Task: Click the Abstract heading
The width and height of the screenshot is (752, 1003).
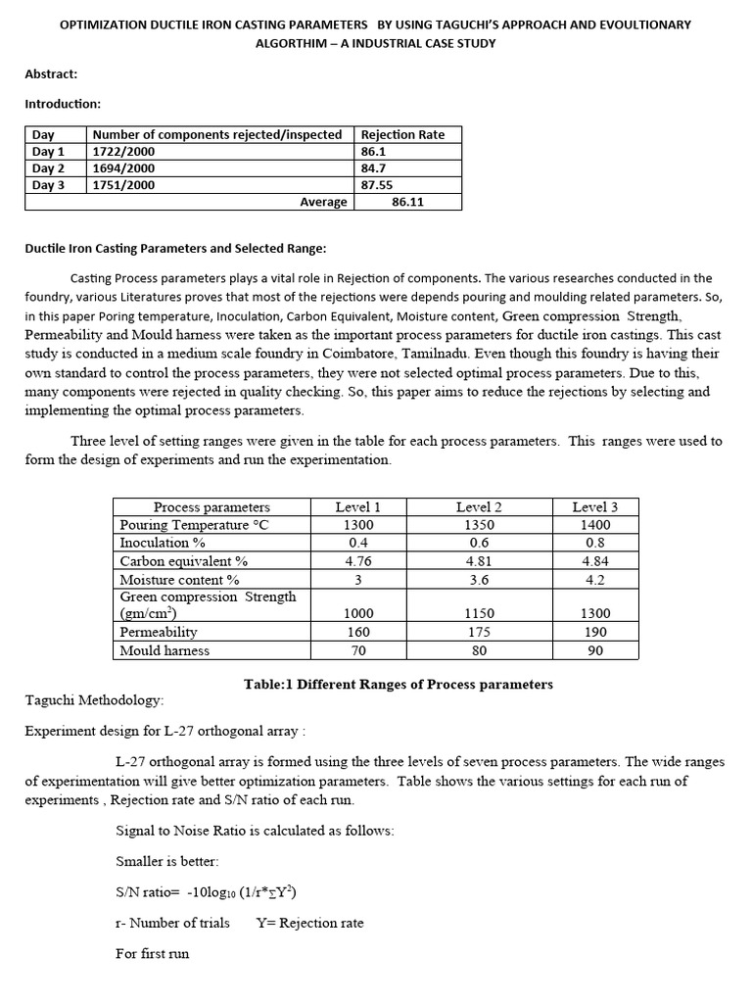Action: point(51,73)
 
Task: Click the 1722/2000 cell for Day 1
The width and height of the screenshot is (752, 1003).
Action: point(122,152)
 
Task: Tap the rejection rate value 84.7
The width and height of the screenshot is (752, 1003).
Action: point(376,168)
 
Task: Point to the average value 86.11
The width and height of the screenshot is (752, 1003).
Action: point(408,202)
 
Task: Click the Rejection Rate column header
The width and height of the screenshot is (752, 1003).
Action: point(402,135)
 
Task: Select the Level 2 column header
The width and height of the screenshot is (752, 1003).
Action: point(479,507)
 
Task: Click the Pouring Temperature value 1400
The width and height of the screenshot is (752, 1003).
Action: point(595,525)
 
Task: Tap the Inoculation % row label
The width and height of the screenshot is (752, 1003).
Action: point(163,543)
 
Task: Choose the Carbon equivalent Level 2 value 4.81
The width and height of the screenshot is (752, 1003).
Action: point(479,561)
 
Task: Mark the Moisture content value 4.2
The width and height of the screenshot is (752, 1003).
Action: point(595,579)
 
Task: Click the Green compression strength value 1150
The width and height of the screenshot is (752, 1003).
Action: point(479,613)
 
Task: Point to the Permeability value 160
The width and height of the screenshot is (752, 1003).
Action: point(357,632)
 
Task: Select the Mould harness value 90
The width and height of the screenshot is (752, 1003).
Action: point(595,649)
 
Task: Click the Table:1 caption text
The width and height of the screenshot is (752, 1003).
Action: point(398,684)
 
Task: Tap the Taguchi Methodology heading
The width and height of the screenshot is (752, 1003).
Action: point(94,701)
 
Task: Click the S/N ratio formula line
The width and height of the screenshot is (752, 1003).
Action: point(206,892)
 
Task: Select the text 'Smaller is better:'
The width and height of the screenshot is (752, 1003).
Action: point(167,862)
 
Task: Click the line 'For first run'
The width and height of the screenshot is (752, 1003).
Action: point(152,953)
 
